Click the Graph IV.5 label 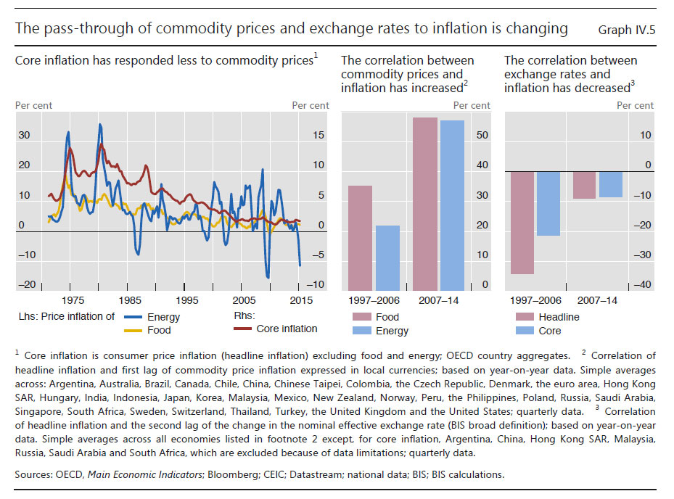(626, 30)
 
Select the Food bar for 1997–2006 (361, 238)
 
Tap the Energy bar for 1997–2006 (388, 258)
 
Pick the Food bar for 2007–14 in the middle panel (425, 204)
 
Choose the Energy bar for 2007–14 (451, 205)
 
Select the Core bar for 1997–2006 (549, 204)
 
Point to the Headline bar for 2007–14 (585, 185)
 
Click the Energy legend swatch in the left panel (132, 317)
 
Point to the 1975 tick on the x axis (71, 300)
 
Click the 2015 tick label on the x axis (300, 300)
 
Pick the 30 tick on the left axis (24, 136)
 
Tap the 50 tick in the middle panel (482, 136)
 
